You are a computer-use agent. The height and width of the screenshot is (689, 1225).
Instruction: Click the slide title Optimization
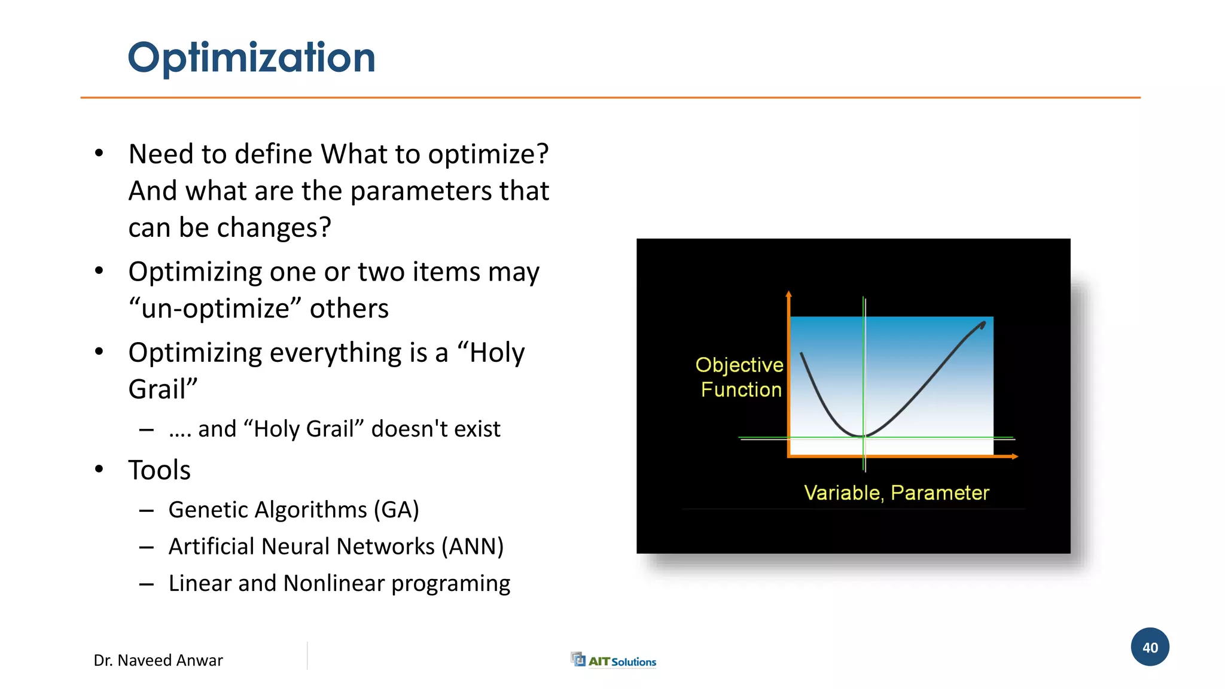[251, 58]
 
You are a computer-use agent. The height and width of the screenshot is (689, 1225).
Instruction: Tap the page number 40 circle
[1150, 647]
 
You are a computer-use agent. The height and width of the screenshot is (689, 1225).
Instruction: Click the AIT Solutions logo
[614, 660]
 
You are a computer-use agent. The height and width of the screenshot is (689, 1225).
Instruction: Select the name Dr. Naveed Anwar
[158, 660]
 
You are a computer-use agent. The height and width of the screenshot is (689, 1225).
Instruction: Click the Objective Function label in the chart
[740, 377]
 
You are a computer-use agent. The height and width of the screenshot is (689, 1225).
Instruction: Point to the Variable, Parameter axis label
[896, 493]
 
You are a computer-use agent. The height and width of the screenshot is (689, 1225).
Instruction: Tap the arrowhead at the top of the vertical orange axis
[789, 294]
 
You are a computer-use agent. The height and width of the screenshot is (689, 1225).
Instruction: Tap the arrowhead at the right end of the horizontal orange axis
[1014, 457]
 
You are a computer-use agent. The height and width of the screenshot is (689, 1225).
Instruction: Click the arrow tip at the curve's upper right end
[983, 325]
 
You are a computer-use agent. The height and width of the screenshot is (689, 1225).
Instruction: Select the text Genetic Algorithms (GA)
[293, 510]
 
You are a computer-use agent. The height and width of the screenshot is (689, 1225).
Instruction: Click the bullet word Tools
[159, 470]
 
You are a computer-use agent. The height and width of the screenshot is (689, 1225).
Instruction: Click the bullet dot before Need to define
[99, 154]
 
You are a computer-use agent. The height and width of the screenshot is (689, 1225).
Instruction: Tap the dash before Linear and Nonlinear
[147, 584]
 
